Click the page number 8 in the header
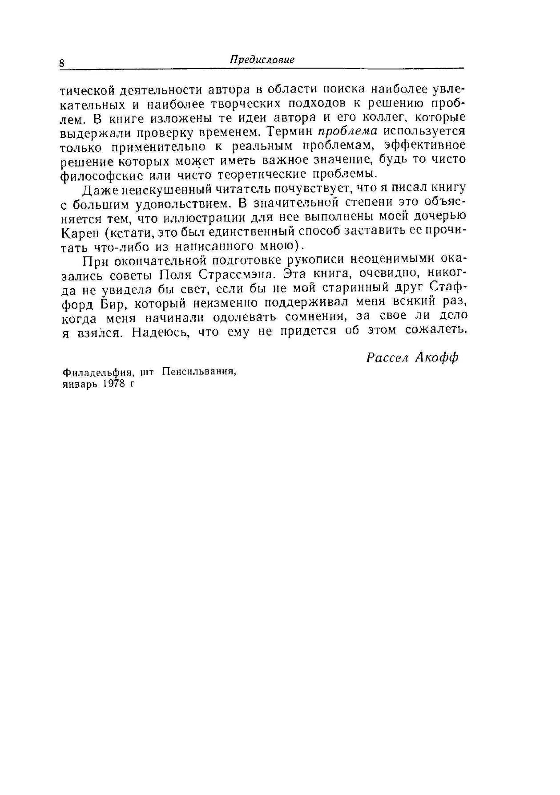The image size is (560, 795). (62, 63)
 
